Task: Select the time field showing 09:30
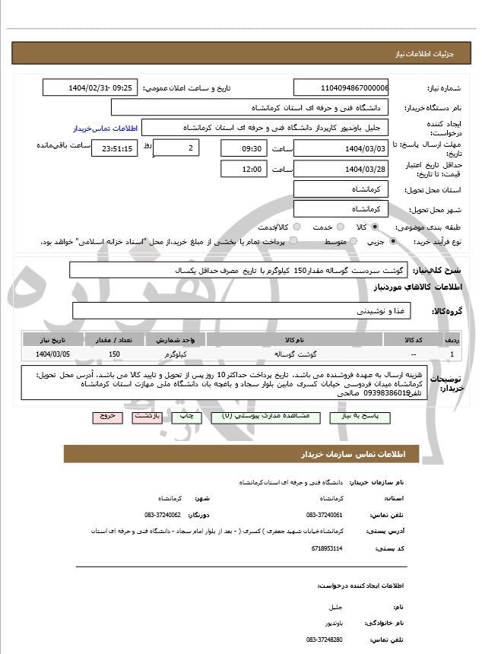pos(243,148)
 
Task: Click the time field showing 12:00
pos(243,169)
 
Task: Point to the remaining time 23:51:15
pos(114,149)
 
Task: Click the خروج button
pos(106,417)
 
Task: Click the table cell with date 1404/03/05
pos(53,354)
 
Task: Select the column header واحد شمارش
pos(176,339)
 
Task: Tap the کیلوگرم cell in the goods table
pos(176,354)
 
